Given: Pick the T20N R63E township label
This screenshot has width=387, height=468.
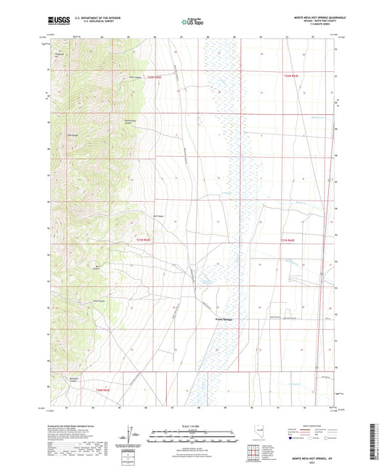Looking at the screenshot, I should point(106,390).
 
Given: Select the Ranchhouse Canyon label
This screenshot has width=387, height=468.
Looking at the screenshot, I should point(126,121).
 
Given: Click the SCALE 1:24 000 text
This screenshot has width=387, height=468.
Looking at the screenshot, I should point(194,425).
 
